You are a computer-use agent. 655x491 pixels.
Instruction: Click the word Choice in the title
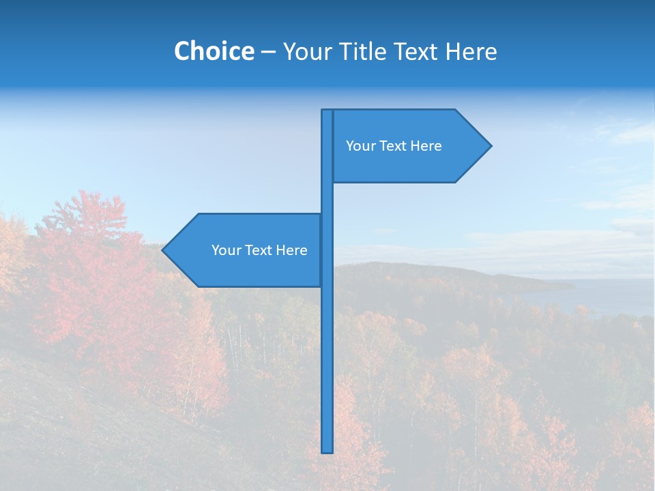point(214,51)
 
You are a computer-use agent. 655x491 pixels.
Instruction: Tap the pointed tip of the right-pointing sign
point(489,145)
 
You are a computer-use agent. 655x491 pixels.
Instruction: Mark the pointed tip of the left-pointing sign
point(164,250)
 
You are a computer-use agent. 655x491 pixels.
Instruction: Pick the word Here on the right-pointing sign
point(426,146)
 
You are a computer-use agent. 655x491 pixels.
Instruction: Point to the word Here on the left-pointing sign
point(292,250)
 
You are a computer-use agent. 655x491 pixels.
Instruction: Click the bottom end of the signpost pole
point(327,450)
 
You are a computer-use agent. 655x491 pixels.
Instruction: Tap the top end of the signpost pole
point(327,112)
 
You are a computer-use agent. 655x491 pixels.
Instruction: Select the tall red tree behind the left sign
point(89,273)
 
